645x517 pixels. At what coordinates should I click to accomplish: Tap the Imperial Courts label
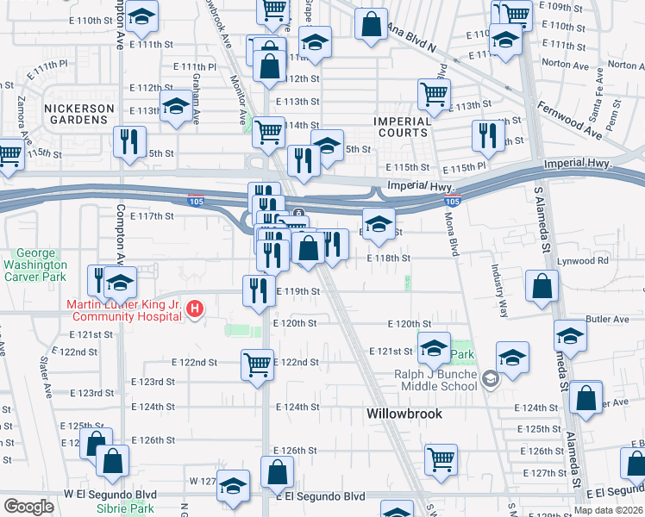pos(402,127)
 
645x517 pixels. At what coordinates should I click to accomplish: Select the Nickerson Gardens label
pos(79,115)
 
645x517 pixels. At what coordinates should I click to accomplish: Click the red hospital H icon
pos(196,308)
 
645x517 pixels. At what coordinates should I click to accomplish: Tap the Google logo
pos(28,507)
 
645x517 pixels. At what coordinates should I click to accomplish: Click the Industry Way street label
pos(499,293)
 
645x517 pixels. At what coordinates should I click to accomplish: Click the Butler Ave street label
pos(607,319)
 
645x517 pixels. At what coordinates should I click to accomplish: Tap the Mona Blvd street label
pos(451,234)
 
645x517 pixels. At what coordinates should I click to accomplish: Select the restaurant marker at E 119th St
pos(257,290)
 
